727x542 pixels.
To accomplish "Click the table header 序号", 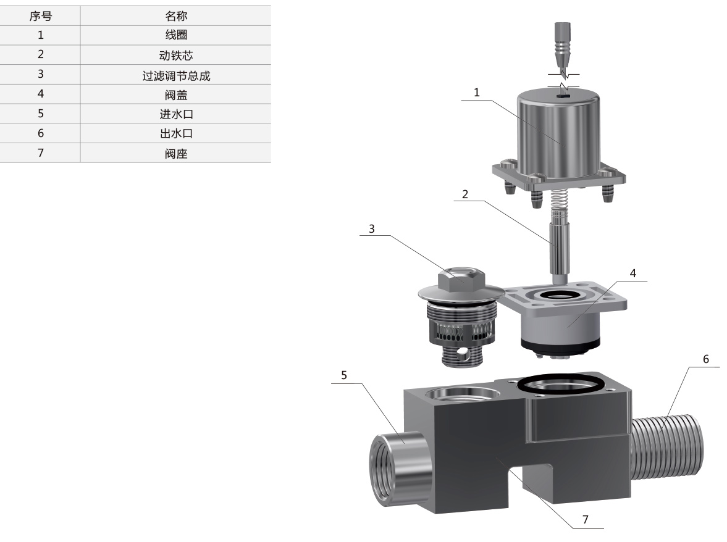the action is (40, 16).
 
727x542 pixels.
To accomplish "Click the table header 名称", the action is (176, 16).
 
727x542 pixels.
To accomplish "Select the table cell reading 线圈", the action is (176, 35).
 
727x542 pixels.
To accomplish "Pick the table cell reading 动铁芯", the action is (176, 55).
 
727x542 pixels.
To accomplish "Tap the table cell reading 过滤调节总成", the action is (176, 75).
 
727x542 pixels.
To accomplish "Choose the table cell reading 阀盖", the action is (176, 95).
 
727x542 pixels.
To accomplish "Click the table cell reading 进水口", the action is (176, 114).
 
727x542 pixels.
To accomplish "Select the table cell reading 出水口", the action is (176, 133).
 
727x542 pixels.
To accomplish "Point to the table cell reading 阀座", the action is (176, 153).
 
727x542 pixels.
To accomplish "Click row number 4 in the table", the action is (40, 94).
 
